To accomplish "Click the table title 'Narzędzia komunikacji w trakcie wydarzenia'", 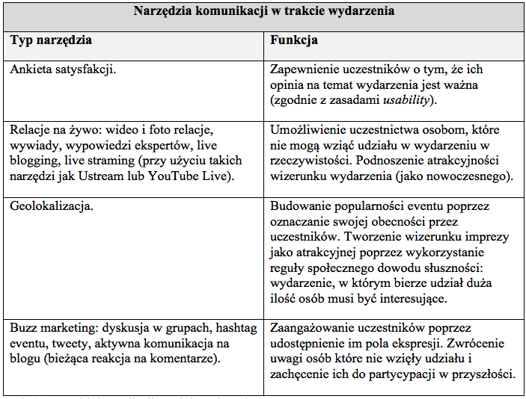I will coord(264,12).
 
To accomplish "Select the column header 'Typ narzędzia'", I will coord(51,40).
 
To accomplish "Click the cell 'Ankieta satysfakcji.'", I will coord(63,69).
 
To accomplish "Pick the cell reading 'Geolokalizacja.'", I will coord(52,206).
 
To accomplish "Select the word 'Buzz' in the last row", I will coord(23,328).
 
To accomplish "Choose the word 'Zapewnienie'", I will coord(304,69).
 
